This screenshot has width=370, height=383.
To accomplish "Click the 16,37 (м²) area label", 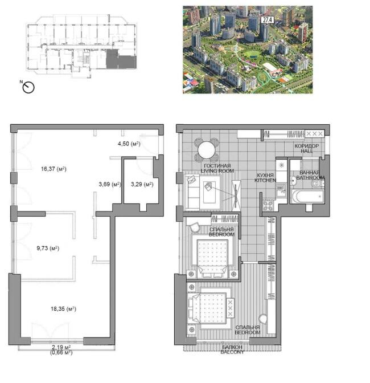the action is click(54, 169).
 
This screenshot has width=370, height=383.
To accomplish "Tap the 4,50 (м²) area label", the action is click(129, 144).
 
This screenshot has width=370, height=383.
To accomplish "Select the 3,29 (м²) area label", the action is click(142, 184).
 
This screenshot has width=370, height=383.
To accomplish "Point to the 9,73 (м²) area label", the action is click(48, 248).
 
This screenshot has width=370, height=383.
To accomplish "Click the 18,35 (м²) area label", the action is click(63, 309).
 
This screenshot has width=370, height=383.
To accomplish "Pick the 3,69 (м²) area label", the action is click(110, 184).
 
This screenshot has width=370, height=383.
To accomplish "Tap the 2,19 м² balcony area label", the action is click(61, 347).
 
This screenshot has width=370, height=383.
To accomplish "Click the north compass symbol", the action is click(28, 87).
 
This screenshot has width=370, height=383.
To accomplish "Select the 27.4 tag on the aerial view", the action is click(268, 20).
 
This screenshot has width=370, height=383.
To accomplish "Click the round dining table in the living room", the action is click(207, 150).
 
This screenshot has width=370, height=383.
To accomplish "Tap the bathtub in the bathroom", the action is click(308, 197).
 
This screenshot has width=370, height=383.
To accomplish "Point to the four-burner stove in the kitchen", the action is click(268, 205).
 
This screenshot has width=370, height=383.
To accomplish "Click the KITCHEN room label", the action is click(265, 180).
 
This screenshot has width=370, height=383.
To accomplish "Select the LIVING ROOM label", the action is click(217, 171).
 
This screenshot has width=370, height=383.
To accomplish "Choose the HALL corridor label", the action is click(307, 151).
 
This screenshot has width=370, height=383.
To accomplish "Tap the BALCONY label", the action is click(232, 352).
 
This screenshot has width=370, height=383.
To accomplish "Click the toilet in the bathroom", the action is click(317, 184).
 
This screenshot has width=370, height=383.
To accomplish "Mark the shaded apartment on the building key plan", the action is click(121, 59).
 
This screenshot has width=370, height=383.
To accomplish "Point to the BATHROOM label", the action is click(310, 178).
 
